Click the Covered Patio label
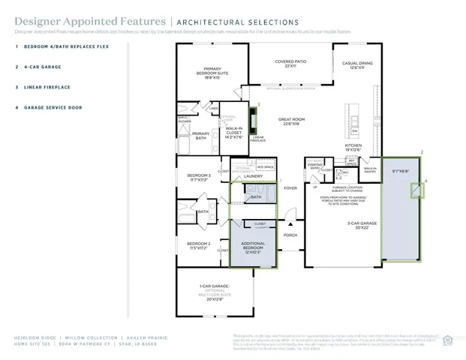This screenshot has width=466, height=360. pyautogui.click(x=290, y=64)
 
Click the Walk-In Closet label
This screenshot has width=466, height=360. pyautogui.click(x=234, y=132)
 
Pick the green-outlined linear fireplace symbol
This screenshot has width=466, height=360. pyautogui.click(x=254, y=120)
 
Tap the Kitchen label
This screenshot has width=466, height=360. pyautogui.click(x=353, y=146)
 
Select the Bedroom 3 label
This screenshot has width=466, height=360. pyautogui.click(x=199, y=178)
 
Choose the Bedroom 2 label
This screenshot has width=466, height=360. pyautogui.click(x=199, y=245)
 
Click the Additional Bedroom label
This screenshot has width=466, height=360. pyautogui.click(x=252, y=248)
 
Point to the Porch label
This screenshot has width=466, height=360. pyautogui.click(x=290, y=235)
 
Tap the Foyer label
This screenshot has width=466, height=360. pyautogui.click(x=290, y=188)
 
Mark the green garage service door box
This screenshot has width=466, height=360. pyautogui.click(x=416, y=190)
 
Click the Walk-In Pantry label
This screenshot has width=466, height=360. pyautogui.click(x=370, y=170)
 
